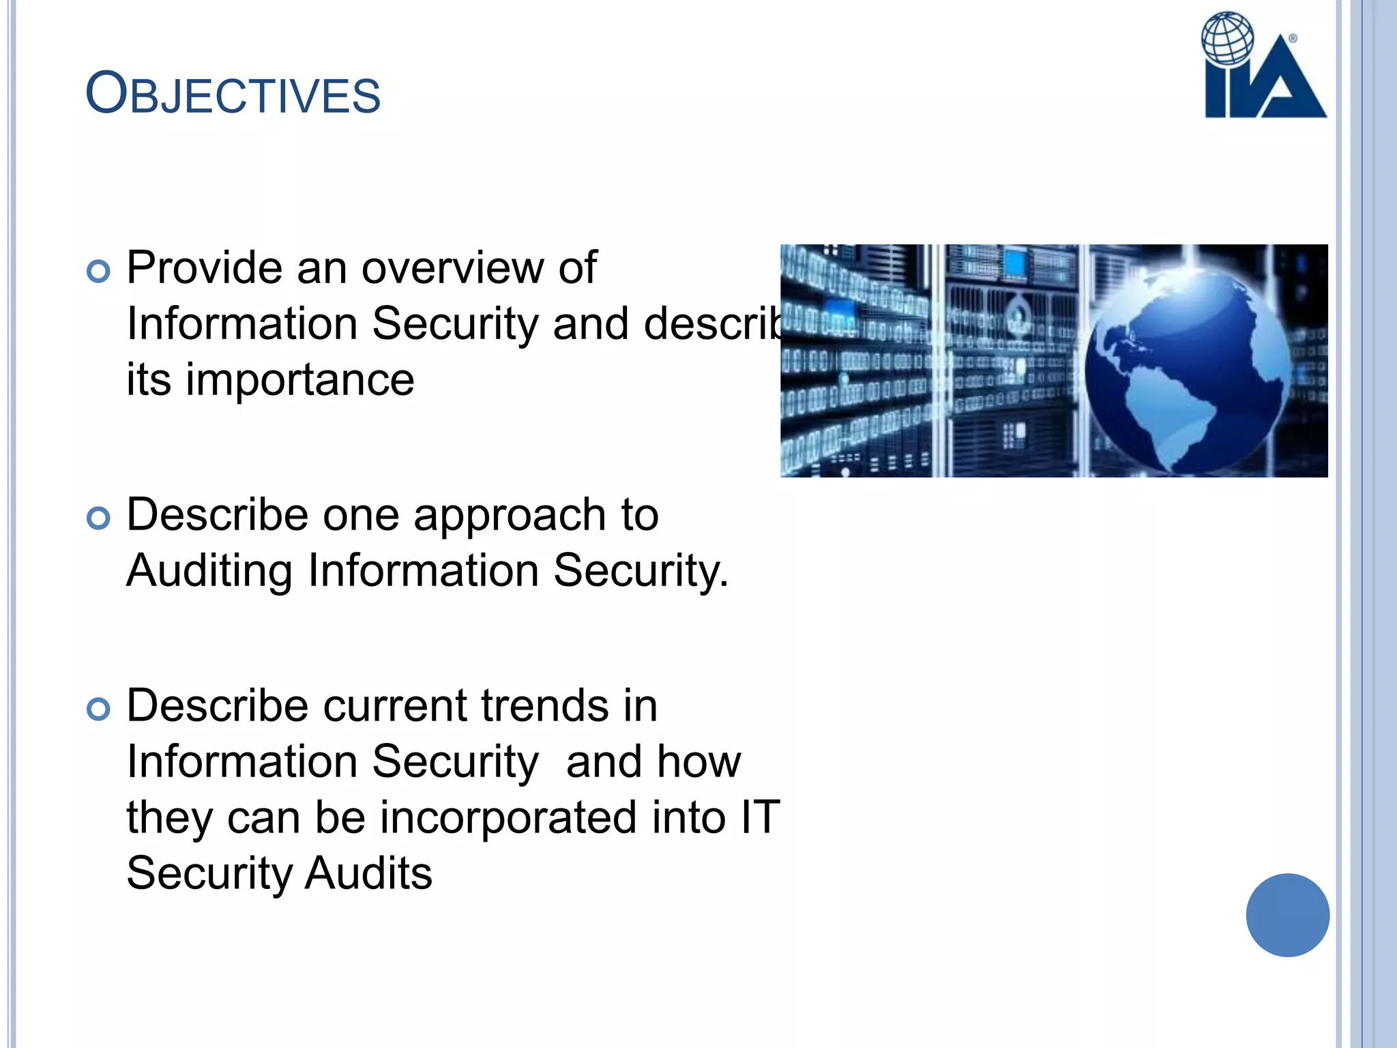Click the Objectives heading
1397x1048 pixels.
(233, 94)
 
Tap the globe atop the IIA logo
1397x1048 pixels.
(1227, 38)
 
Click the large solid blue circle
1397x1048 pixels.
(1287, 915)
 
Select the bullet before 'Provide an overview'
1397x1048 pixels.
(99, 272)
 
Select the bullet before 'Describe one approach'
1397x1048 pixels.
(99, 519)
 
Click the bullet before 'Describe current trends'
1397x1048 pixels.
(99, 710)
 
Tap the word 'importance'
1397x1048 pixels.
(300, 380)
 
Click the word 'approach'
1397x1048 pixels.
(510, 515)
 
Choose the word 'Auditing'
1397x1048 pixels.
(209, 571)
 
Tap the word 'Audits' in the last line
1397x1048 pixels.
(368, 873)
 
